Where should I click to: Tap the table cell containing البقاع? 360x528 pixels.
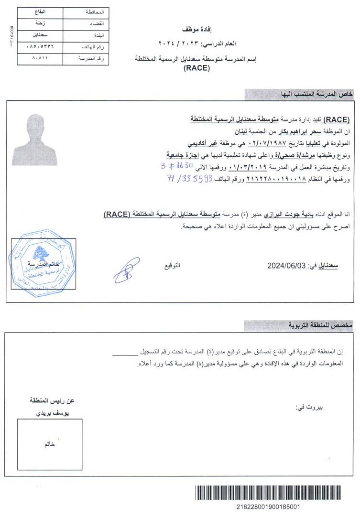[40, 11]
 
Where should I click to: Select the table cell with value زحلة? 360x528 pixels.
[40, 23]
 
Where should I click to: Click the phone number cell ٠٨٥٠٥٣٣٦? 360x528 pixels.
[40, 47]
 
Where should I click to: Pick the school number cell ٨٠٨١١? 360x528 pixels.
[40, 59]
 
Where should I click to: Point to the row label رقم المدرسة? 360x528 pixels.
[91, 59]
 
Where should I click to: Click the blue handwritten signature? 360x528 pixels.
[126, 269]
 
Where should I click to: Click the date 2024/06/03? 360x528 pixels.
[286, 266]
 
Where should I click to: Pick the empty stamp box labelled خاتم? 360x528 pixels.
[49, 444]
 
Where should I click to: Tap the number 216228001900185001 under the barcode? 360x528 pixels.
[268, 507]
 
